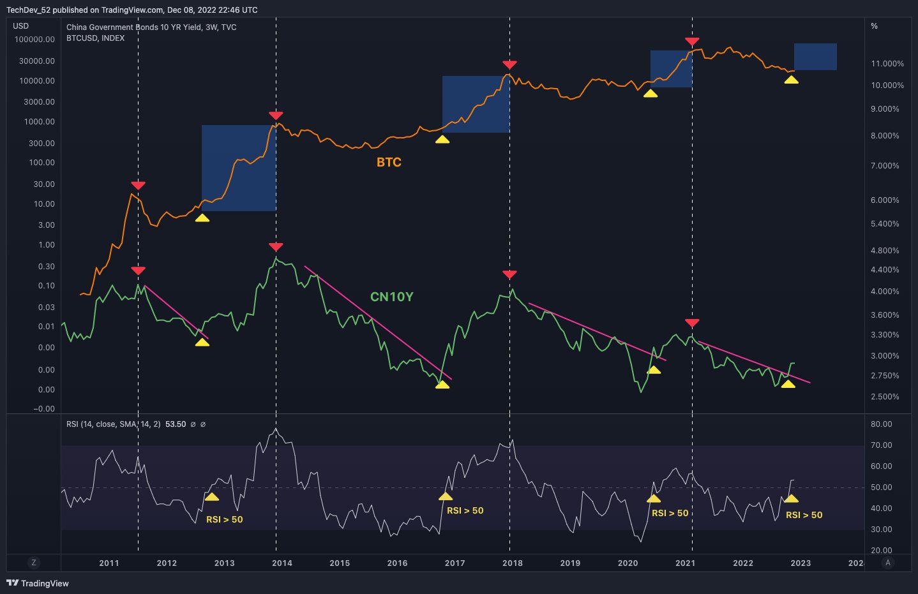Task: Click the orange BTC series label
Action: coord(389,162)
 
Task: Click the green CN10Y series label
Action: coord(391,297)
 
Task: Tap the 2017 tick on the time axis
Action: coord(455,563)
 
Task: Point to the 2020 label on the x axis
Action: coord(628,563)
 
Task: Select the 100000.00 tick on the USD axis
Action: coord(34,40)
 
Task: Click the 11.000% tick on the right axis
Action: coord(887,64)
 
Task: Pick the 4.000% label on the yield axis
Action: coord(885,292)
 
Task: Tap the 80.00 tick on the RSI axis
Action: coord(881,424)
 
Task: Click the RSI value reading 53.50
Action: coord(176,424)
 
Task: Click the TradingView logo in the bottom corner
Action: coord(38,583)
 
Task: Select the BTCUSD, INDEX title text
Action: coord(96,38)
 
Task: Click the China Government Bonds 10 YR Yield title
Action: coord(151,27)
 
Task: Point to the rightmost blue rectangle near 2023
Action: coord(815,57)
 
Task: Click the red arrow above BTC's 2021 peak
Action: coord(692,41)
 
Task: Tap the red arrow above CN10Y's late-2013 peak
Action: coord(276,247)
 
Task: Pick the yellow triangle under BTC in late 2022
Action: coord(791,80)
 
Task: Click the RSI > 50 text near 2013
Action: coord(224,519)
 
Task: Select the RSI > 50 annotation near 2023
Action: coord(804,515)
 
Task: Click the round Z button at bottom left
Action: coord(34,563)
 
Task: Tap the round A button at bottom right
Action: coord(887,563)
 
